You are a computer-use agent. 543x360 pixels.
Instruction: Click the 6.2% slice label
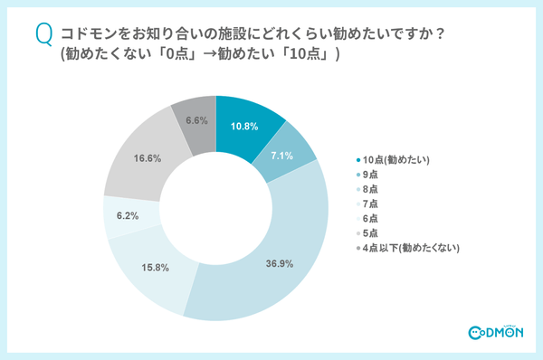click(126, 217)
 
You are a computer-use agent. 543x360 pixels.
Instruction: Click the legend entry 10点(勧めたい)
click(396, 159)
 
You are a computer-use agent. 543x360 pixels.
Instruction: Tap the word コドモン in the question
click(85, 34)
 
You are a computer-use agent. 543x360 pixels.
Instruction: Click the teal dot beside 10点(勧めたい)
click(358, 159)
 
